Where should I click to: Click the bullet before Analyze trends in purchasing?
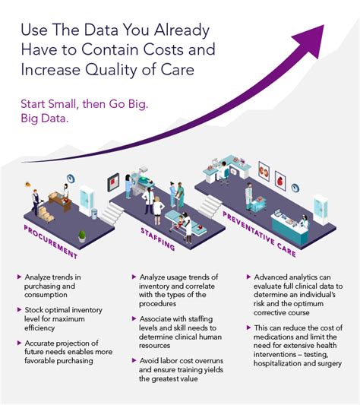[20, 278]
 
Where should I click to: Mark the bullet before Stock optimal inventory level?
[20, 309]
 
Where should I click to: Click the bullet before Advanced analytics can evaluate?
[248, 278]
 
